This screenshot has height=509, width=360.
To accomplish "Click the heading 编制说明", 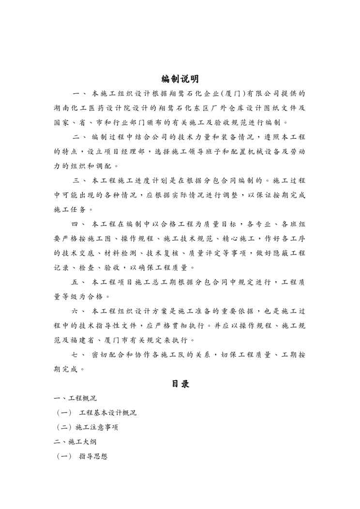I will click(x=180, y=79).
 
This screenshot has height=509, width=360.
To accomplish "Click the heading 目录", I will click(x=180, y=384).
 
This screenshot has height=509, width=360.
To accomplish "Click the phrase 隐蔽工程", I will click(x=287, y=253).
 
